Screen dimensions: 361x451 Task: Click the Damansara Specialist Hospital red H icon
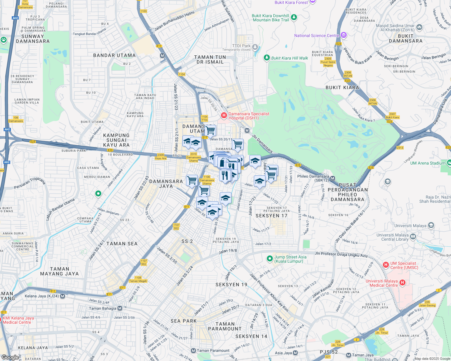tap(224, 115)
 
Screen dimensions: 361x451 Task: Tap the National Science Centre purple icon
tap(343, 35)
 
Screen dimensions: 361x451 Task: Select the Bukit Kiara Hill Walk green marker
tap(266, 58)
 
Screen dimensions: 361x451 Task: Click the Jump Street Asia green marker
tap(270, 259)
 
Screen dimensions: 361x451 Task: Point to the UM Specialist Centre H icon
tap(386, 265)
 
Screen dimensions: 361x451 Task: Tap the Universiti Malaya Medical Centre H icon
tap(402, 283)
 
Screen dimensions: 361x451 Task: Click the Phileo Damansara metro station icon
tap(333, 178)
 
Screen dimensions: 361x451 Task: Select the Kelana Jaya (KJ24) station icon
tap(63, 296)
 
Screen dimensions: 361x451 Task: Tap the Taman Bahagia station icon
tap(120, 308)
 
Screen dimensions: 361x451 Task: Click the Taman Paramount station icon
tap(193, 350)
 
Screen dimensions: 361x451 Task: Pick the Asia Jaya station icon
tap(295, 353)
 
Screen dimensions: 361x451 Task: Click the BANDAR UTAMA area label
tap(114, 55)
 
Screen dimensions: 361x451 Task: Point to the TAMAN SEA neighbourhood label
tap(122, 244)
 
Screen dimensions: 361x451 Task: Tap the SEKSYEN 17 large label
tap(271, 216)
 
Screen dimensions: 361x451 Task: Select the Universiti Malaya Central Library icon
tap(413, 237)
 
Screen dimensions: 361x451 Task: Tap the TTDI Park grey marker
tap(255, 47)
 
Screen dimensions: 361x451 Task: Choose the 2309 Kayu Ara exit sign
tap(160, 156)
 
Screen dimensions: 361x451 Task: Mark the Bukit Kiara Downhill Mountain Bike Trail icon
tap(294, 17)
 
